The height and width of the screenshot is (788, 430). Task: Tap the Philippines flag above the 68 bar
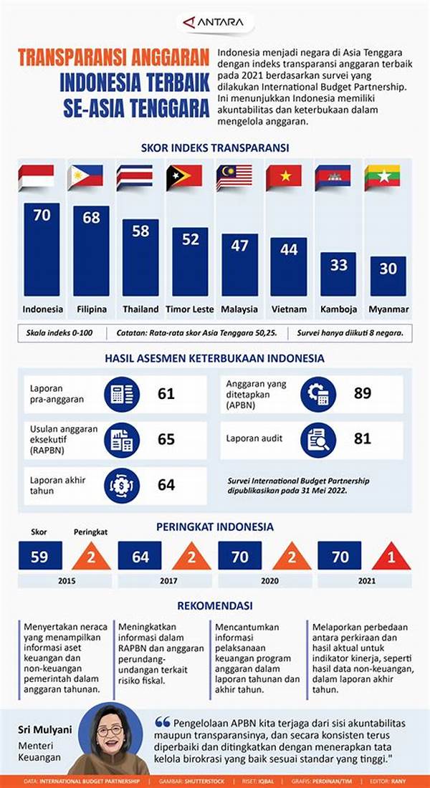pyautogui.click(x=85, y=177)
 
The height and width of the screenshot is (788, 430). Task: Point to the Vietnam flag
pyautogui.click(x=284, y=177)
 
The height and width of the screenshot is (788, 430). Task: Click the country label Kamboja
pyautogui.click(x=338, y=309)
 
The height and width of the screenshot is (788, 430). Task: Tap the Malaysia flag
pyautogui.click(x=234, y=177)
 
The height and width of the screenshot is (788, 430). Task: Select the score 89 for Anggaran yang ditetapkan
pyautogui.click(x=363, y=393)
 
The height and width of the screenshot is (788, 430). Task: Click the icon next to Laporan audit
pyautogui.click(x=318, y=440)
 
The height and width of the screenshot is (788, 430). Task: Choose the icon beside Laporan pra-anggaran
pyautogui.click(x=122, y=393)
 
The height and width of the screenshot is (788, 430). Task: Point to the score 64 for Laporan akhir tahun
pyautogui.click(x=166, y=484)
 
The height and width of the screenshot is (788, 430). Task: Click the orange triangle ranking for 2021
pyautogui.click(x=391, y=556)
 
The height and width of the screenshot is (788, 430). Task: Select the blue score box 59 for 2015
pyautogui.click(x=40, y=555)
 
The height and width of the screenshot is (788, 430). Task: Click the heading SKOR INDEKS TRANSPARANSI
pyautogui.click(x=215, y=148)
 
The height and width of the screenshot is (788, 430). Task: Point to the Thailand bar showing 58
pyautogui.click(x=140, y=257)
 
